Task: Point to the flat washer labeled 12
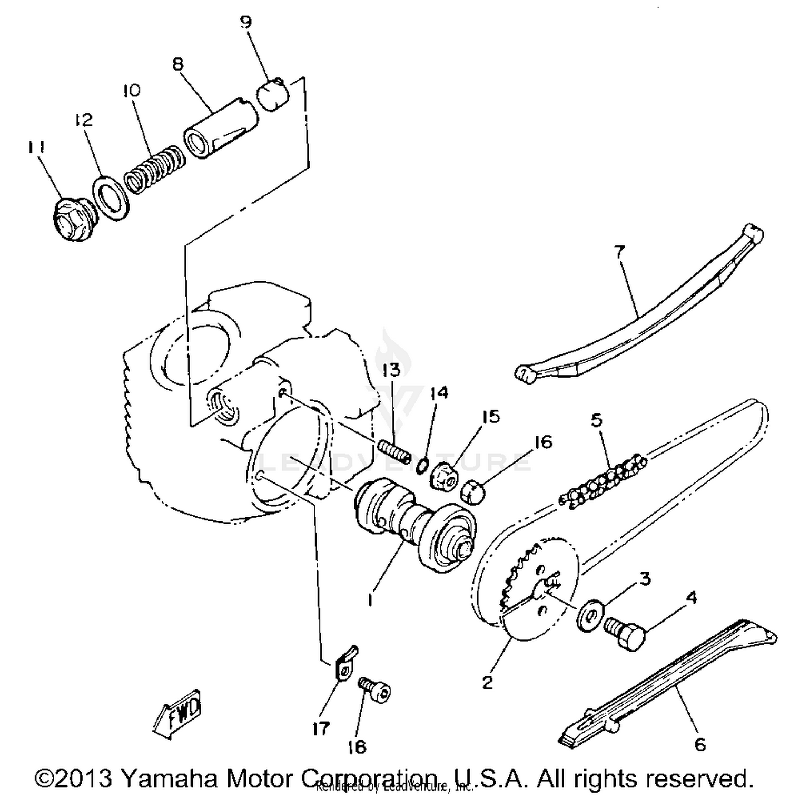tap(111, 198)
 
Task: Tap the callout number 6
tap(699, 745)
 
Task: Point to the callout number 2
tap(488, 682)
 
